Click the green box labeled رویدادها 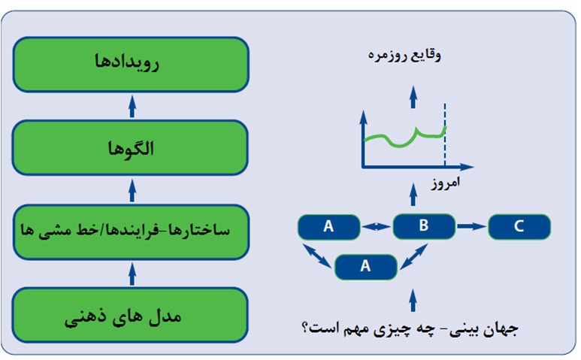coord(131,65)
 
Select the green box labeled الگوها coord(130,147)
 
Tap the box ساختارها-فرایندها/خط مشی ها coord(131,232)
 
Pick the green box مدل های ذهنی coord(130,315)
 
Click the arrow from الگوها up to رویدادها coord(132,106)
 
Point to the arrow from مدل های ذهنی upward coord(132,274)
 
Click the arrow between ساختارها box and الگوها coord(132,190)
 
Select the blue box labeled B coord(424,226)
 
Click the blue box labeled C coord(519,227)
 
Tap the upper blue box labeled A coord(328,227)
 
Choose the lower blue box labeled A coord(366,267)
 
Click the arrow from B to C coord(471,226)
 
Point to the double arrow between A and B coord(377,226)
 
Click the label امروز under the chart coord(446,182)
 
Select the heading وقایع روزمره coord(404,56)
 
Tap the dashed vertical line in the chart coord(445,134)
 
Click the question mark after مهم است coord(305,328)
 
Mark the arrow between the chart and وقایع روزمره coord(413,97)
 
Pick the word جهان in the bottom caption coord(503,328)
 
